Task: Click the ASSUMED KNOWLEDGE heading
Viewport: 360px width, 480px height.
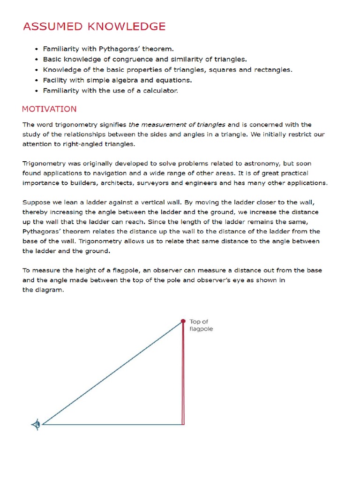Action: [x=94, y=26]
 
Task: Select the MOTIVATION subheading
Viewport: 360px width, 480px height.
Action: [x=49, y=109]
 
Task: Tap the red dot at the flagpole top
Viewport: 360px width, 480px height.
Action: [x=183, y=321]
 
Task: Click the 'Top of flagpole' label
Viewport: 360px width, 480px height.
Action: [x=201, y=325]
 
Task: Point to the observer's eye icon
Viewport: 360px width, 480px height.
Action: [x=36, y=425]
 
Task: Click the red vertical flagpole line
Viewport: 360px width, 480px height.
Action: [x=183, y=375]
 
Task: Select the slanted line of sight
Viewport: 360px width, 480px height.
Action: [x=112, y=373]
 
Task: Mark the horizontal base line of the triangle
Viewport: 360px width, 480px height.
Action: [x=112, y=425]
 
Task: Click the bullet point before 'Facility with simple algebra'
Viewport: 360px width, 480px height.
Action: [x=36, y=80]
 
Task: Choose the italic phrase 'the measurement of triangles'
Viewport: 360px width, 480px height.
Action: [x=177, y=125]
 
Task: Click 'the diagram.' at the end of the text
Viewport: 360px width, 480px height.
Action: [x=43, y=290]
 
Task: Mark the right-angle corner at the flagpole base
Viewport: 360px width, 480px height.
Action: [x=182, y=424]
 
